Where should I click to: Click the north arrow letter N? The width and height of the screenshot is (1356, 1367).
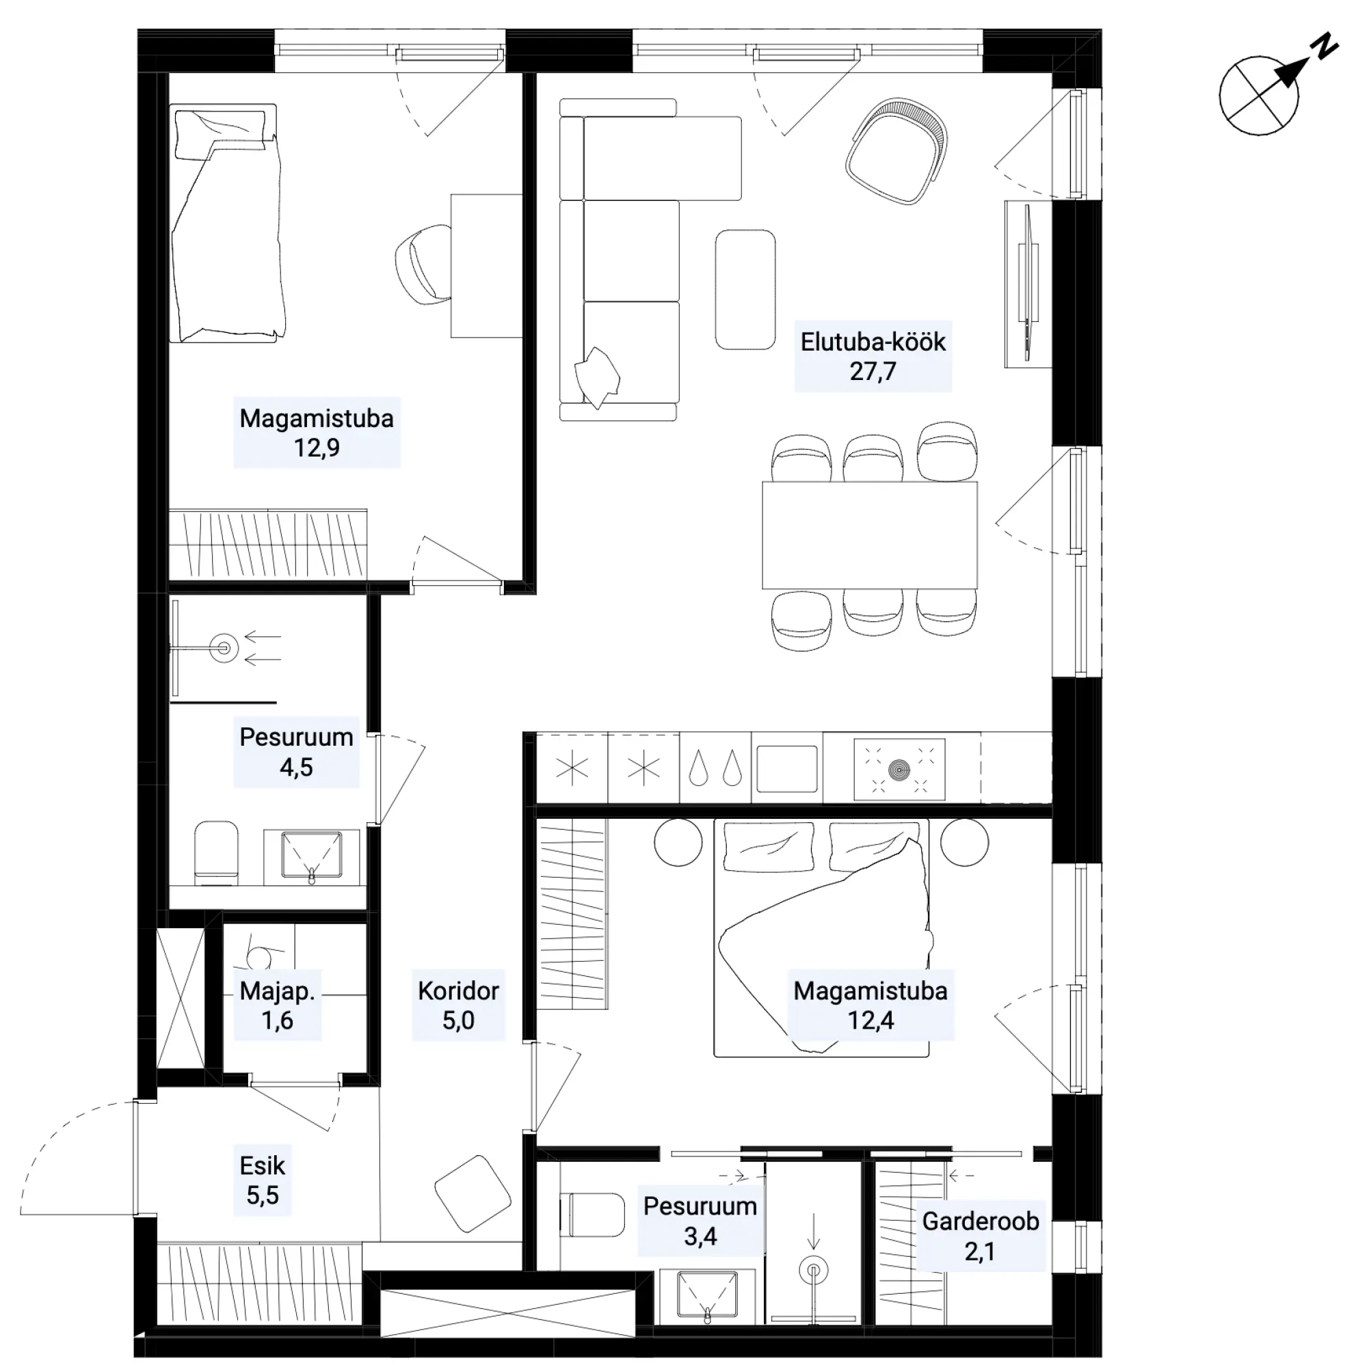coord(1325,45)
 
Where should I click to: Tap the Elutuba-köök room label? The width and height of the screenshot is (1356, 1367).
coord(873,342)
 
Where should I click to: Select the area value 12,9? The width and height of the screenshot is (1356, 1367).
coord(317,448)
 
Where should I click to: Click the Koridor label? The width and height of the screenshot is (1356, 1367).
coord(458,990)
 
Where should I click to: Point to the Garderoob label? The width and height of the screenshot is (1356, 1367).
coord(980,1221)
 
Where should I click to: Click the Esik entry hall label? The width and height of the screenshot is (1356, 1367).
coord(262,1165)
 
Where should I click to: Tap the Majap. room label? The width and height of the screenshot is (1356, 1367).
coord(277,990)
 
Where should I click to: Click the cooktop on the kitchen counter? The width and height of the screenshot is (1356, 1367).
coord(899,768)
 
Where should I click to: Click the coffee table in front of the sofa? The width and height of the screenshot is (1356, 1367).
coord(745,288)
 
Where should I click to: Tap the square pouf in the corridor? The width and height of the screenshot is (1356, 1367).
coord(472,1193)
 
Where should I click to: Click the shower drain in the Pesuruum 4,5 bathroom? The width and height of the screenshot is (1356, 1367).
coord(224,647)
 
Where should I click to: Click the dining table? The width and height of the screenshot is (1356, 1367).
coord(869,535)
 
